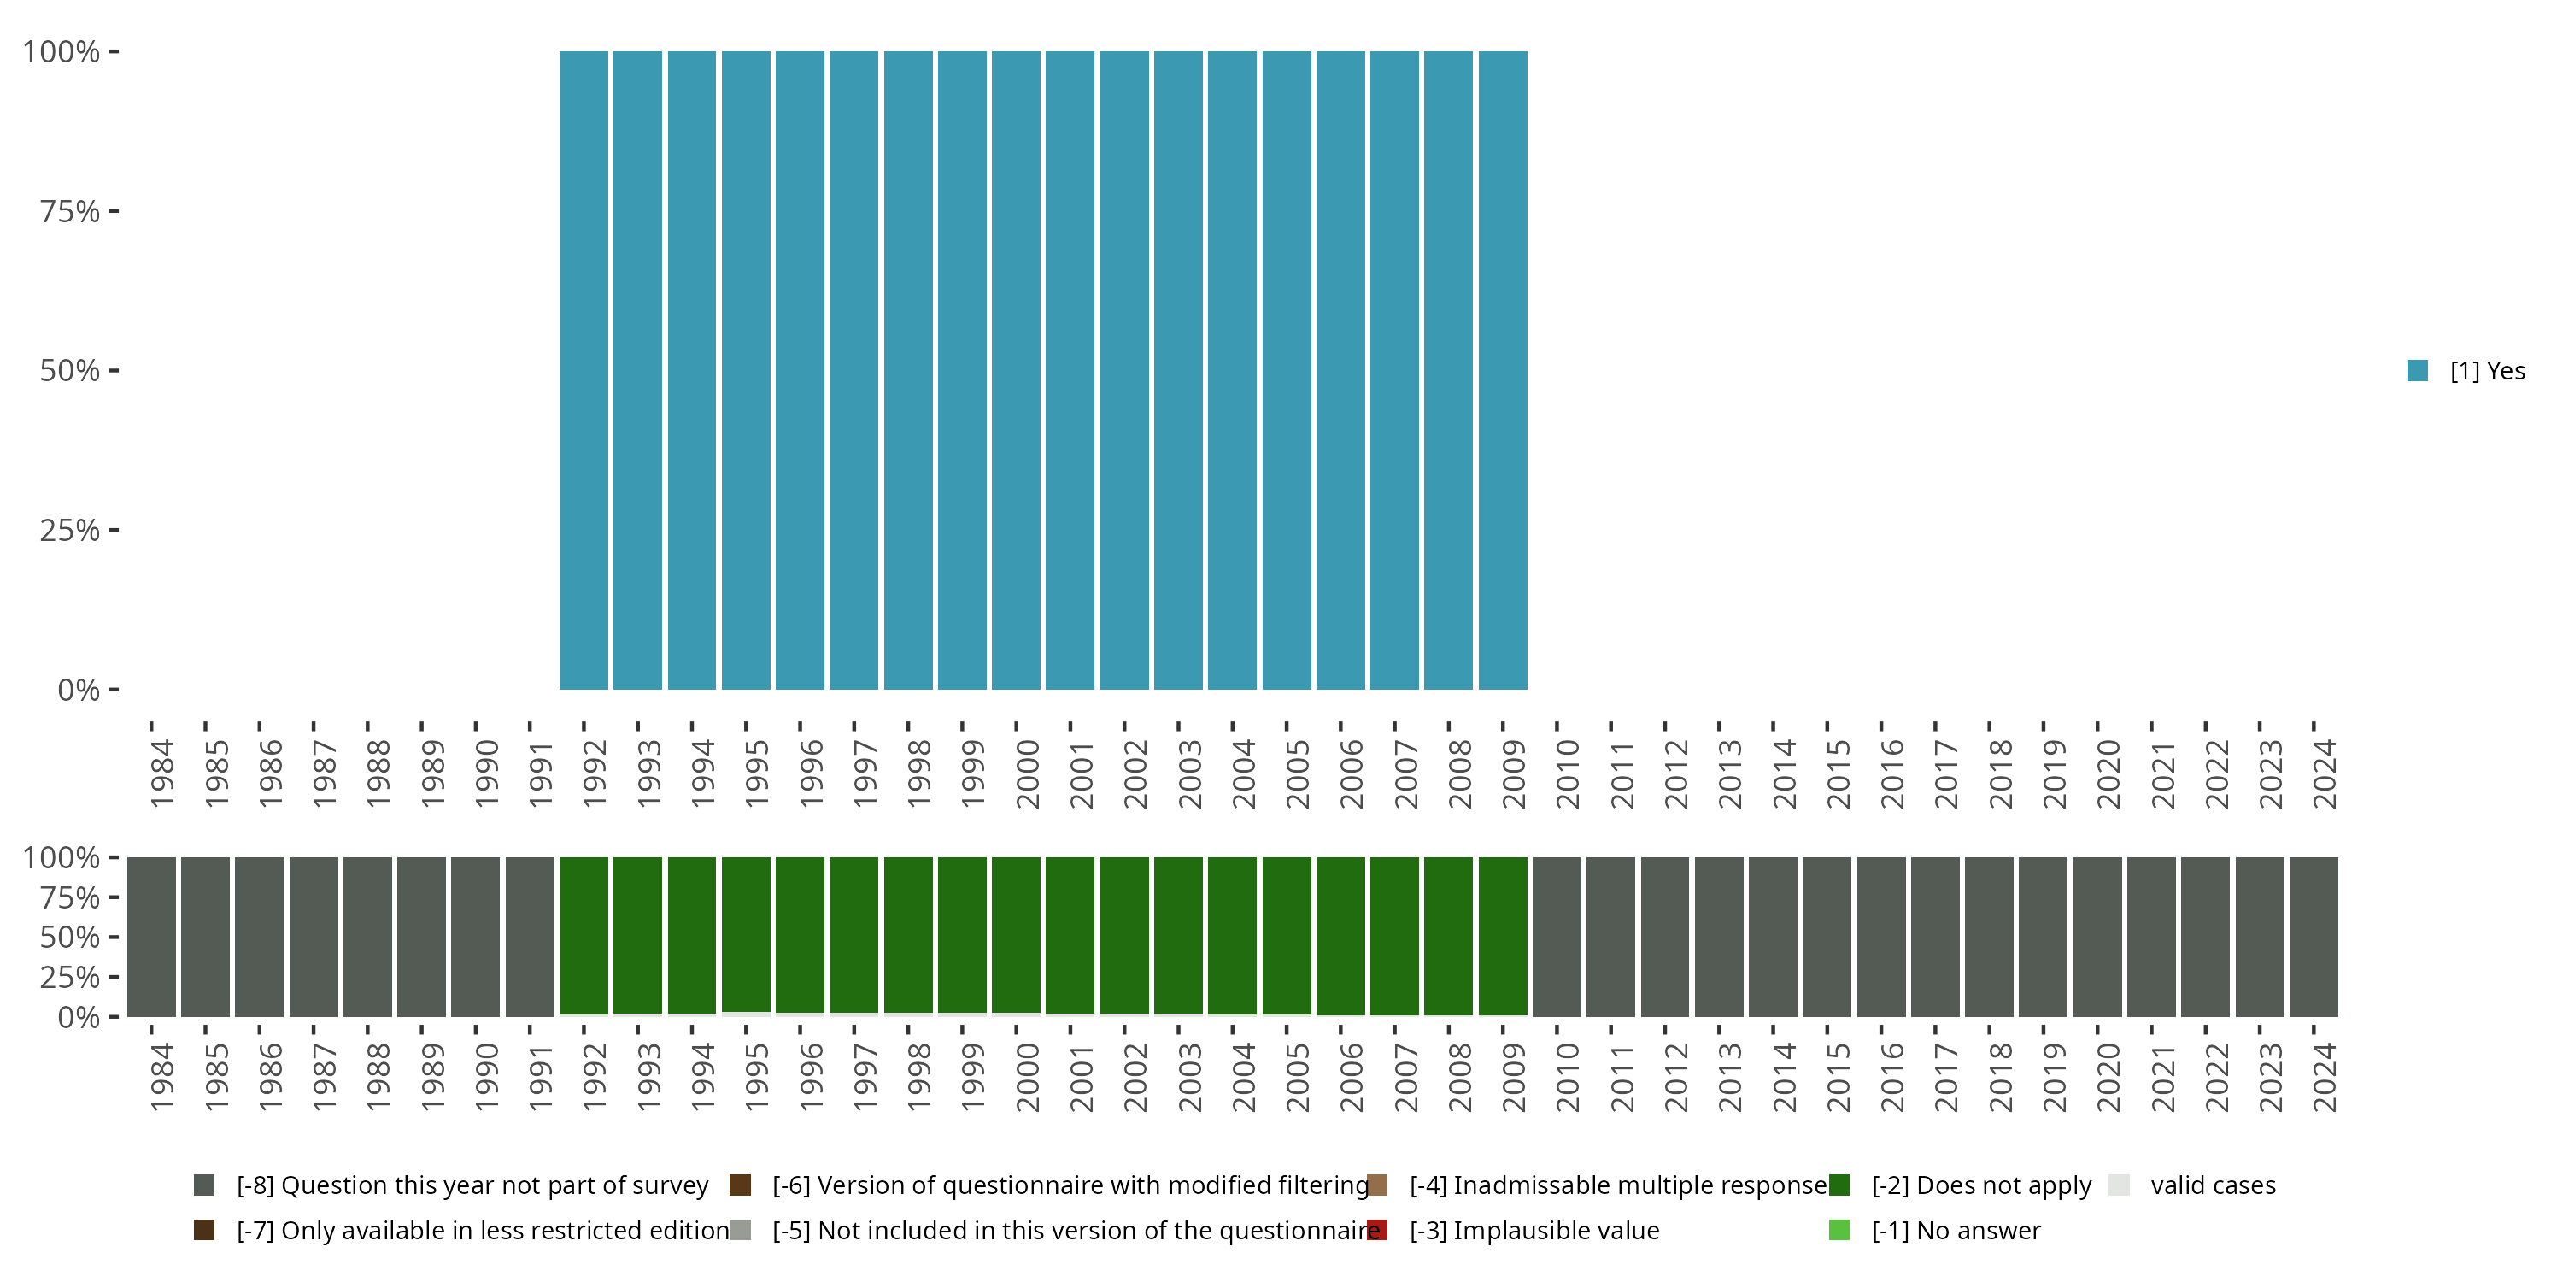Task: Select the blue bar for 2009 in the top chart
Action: [x=1503, y=370]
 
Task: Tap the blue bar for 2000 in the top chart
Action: [x=1016, y=370]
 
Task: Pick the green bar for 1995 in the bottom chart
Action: [x=745, y=935]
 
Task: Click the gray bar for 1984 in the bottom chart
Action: [x=151, y=937]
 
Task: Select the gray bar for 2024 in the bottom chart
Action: [x=2314, y=937]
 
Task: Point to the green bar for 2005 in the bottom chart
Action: [x=1287, y=936]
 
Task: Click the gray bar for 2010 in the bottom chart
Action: [x=1556, y=937]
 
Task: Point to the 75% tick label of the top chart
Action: [x=70, y=211]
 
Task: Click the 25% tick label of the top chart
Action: [x=70, y=530]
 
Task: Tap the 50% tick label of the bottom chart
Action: [x=70, y=937]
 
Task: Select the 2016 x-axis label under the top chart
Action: [x=1891, y=773]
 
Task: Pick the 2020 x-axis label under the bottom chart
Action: [x=2108, y=1077]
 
